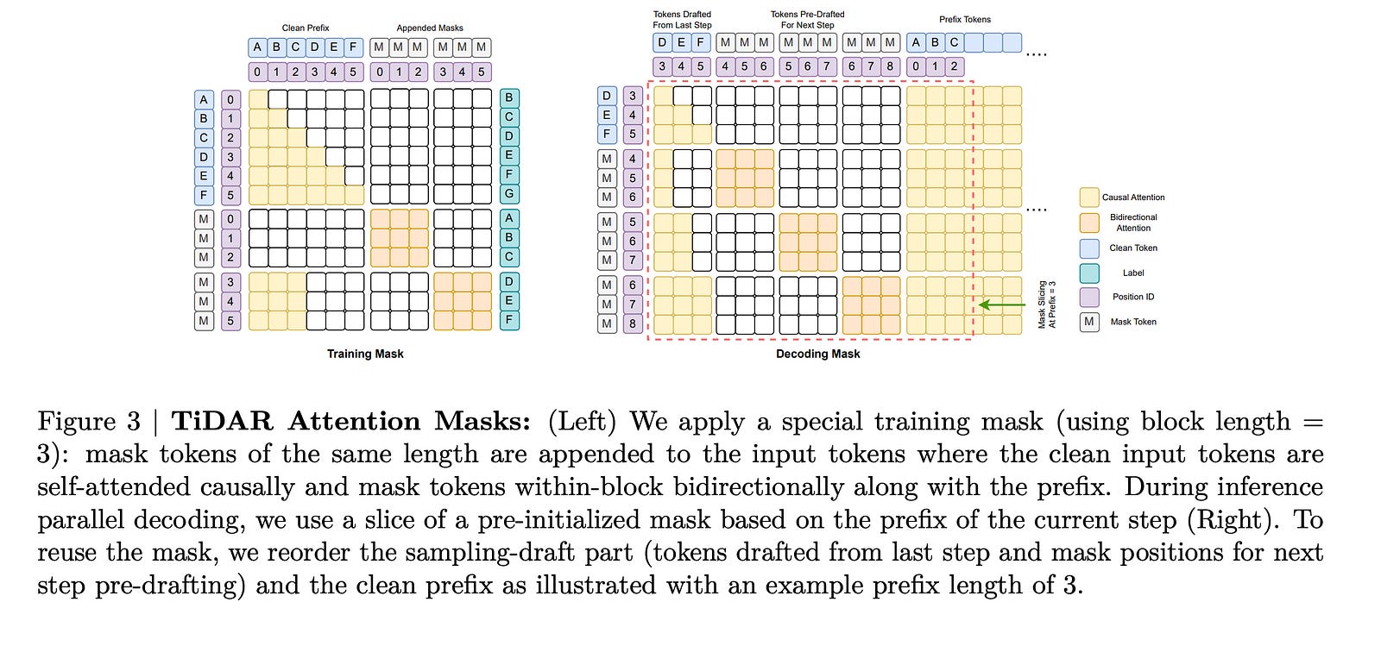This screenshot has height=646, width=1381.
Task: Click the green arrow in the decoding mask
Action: click(1002, 304)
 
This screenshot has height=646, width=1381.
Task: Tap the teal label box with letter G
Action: click(509, 195)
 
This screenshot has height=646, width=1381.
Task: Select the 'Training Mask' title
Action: click(365, 354)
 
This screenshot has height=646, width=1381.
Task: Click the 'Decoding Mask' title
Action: click(817, 354)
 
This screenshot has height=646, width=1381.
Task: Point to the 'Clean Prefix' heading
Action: click(306, 28)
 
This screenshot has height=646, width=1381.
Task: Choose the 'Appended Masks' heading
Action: click(430, 28)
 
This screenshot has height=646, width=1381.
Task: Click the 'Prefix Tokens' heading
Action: click(965, 19)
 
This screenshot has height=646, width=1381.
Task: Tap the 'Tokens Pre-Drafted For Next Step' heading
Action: click(807, 20)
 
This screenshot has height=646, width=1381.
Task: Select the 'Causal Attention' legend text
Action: click(1133, 198)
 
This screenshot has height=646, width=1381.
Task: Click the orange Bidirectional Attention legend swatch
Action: click(1089, 223)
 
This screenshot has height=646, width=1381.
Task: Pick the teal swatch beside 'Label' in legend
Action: click(1089, 273)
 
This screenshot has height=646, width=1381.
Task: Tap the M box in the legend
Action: click(1089, 322)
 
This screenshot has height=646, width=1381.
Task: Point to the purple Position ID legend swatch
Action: click(1089, 297)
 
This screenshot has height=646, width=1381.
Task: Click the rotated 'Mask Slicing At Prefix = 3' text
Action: click(1047, 304)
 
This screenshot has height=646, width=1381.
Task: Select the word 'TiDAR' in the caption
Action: click(224, 422)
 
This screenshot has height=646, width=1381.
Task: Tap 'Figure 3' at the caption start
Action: click(88, 422)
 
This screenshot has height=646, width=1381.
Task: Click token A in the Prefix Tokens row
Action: click(916, 42)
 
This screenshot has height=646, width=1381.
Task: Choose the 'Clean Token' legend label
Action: click(1133, 248)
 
